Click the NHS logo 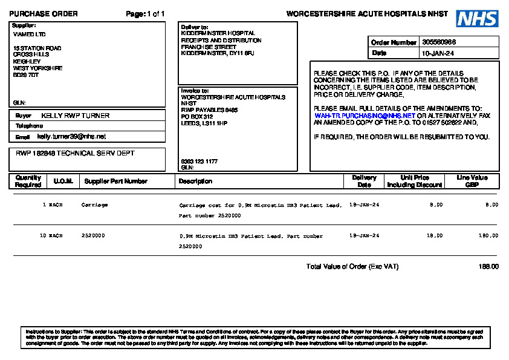click(477, 18)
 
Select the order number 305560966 click(439, 42)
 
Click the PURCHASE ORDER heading click(43, 14)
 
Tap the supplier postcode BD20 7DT click(26, 75)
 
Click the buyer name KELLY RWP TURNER click(75, 116)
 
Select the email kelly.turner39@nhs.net click(71, 137)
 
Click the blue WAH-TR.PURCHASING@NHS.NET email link click(365, 116)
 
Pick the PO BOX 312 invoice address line click(197, 117)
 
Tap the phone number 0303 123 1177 click(199, 162)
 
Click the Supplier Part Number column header click(116, 181)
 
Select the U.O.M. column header click(63, 181)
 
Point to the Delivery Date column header click(364, 181)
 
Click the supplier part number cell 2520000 click(93, 235)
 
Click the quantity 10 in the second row click(43, 235)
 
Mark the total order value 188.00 click(488, 267)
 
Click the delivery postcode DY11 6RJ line click(218, 54)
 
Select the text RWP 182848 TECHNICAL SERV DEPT click(75, 154)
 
